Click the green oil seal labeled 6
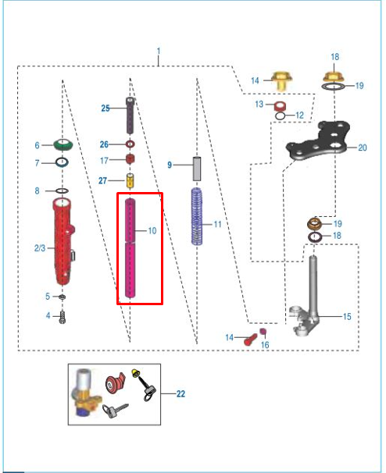coord(63,145)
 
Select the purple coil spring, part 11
coord(197,216)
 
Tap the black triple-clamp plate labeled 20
coord(318,140)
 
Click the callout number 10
coord(152,231)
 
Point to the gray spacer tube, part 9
coord(197,169)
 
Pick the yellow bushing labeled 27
coord(130,181)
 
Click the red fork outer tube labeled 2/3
coord(63,241)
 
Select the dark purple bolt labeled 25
coord(130,116)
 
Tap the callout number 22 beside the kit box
coord(180,393)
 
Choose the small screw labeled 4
coord(63,317)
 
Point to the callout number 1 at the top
coord(159,51)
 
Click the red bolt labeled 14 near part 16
coord(250,340)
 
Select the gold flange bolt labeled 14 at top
coord(281,81)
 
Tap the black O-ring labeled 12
coord(281,116)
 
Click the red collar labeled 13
coord(280,106)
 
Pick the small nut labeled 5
coord(63,297)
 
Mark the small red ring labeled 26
coord(130,144)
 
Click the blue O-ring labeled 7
coord(62,162)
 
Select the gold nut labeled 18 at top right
coord(334,77)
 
